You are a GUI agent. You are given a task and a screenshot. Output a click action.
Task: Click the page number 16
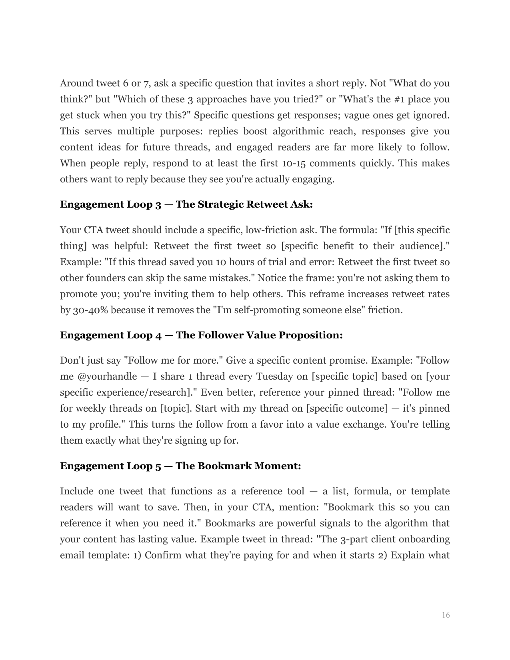(446, 615)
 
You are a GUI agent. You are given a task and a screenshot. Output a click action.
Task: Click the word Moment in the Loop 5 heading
(277, 466)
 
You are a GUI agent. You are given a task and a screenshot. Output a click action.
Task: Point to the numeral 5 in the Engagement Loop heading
(158, 466)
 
